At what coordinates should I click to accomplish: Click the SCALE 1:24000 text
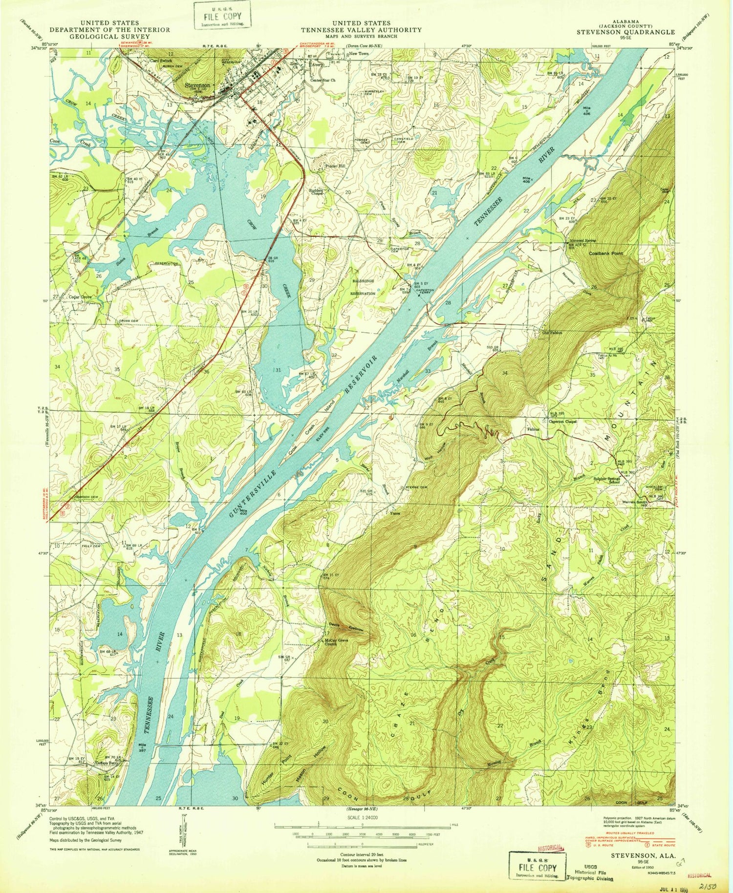[362, 817]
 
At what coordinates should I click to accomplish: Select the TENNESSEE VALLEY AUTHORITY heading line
[361, 30]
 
